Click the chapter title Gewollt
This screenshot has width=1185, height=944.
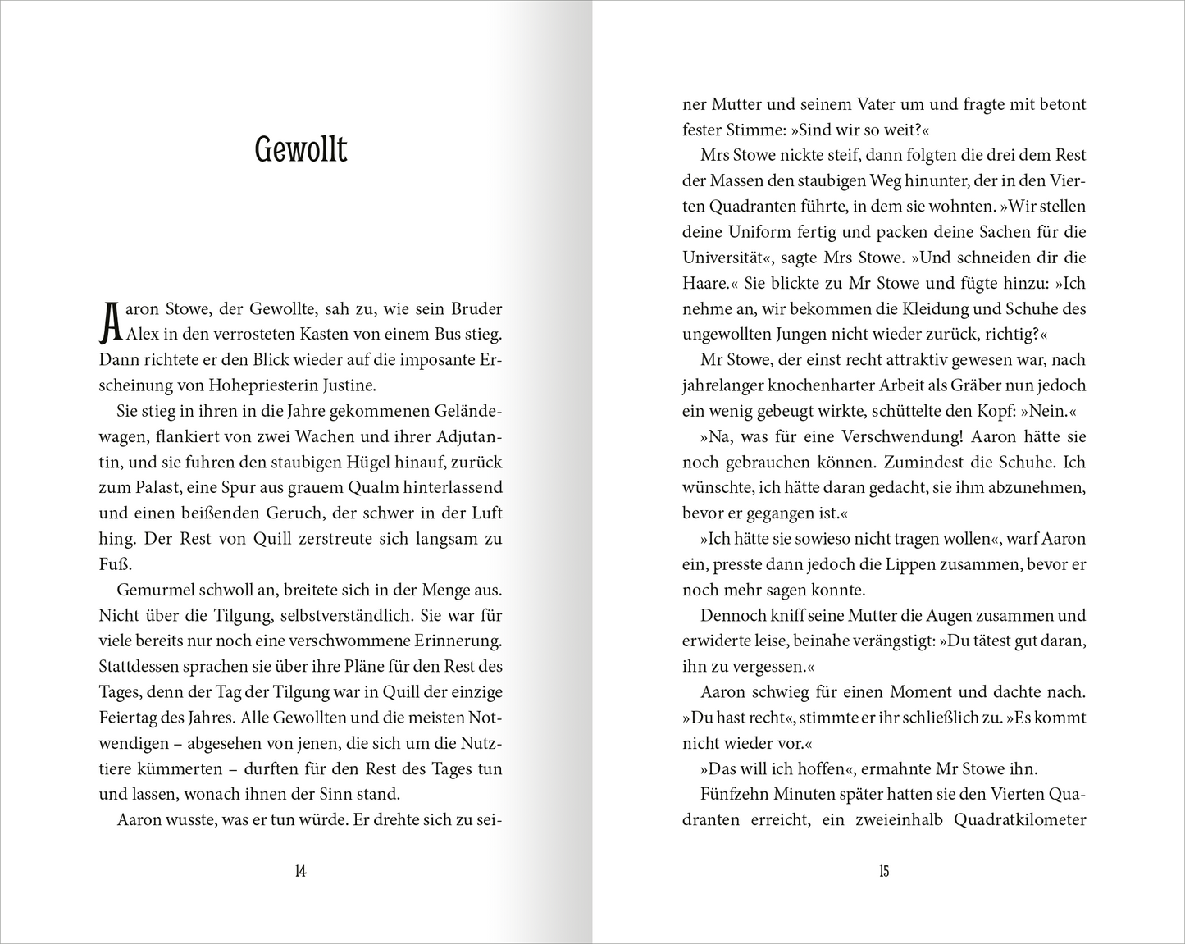point(301,150)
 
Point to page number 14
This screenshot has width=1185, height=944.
point(300,872)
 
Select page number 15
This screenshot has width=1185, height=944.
point(883,872)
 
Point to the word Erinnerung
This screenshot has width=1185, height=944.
point(454,641)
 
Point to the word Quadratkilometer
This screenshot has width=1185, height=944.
point(1021,819)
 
